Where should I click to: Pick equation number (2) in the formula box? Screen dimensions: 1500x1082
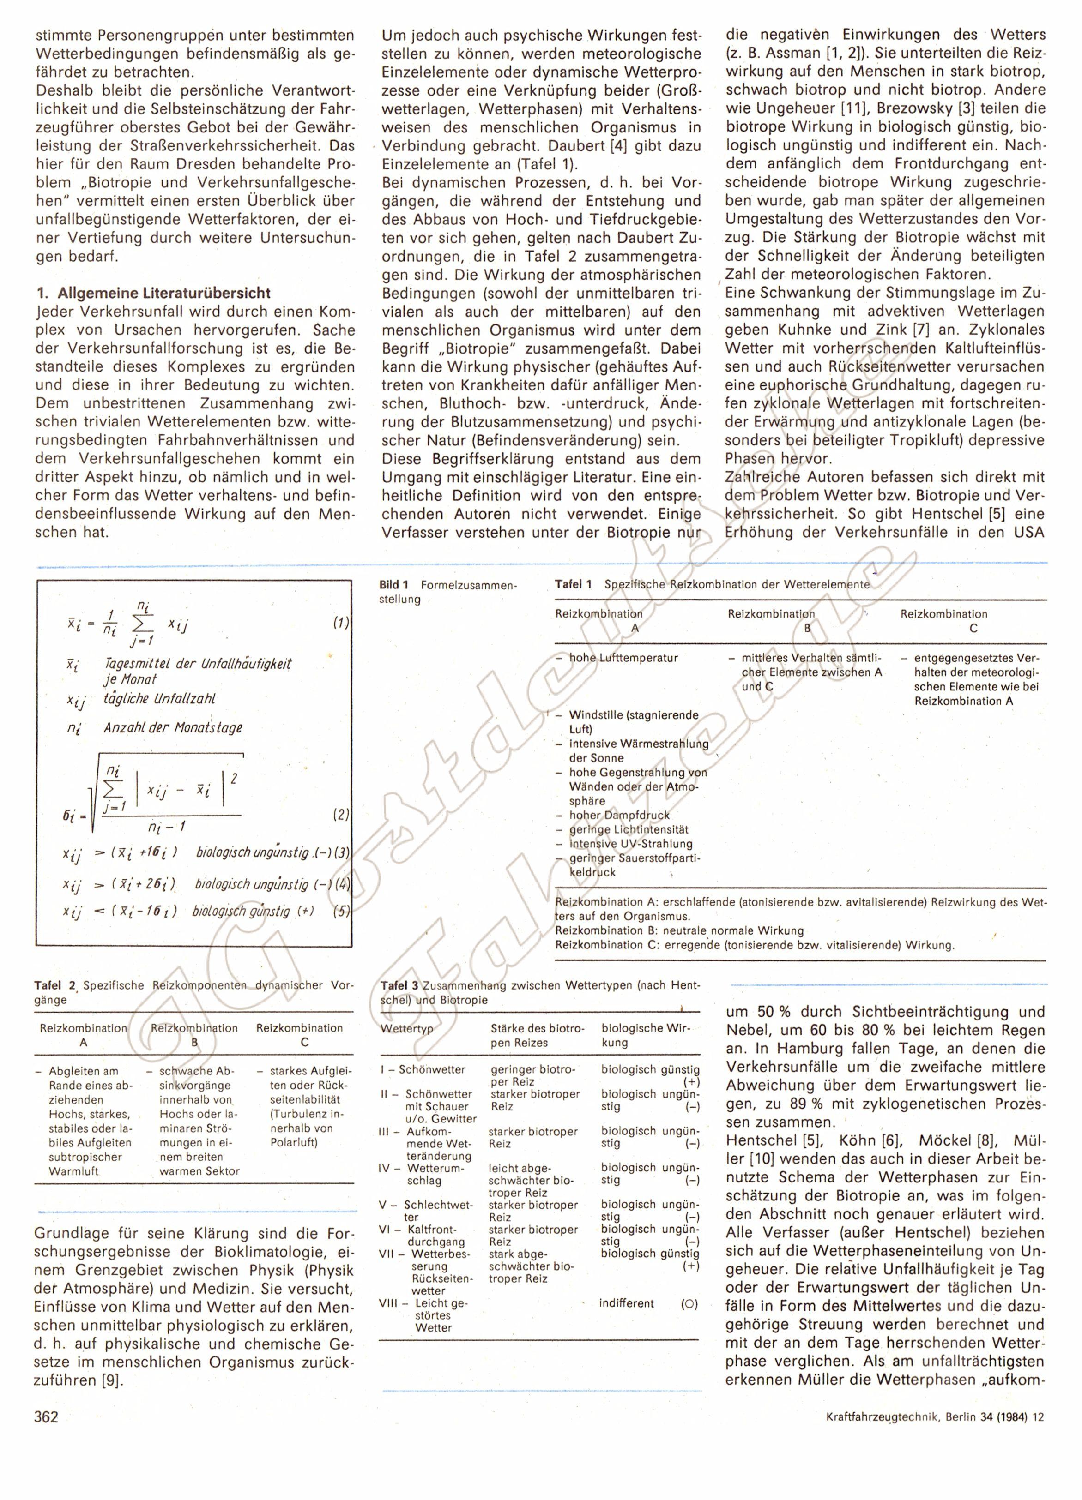click(x=341, y=815)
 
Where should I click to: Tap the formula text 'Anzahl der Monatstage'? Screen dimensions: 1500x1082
click(x=173, y=728)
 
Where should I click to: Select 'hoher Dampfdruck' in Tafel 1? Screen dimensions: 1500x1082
click(x=619, y=816)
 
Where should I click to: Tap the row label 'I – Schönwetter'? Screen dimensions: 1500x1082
click(x=423, y=1069)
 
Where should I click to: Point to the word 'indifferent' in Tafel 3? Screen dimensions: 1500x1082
click(x=627, y=1303)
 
